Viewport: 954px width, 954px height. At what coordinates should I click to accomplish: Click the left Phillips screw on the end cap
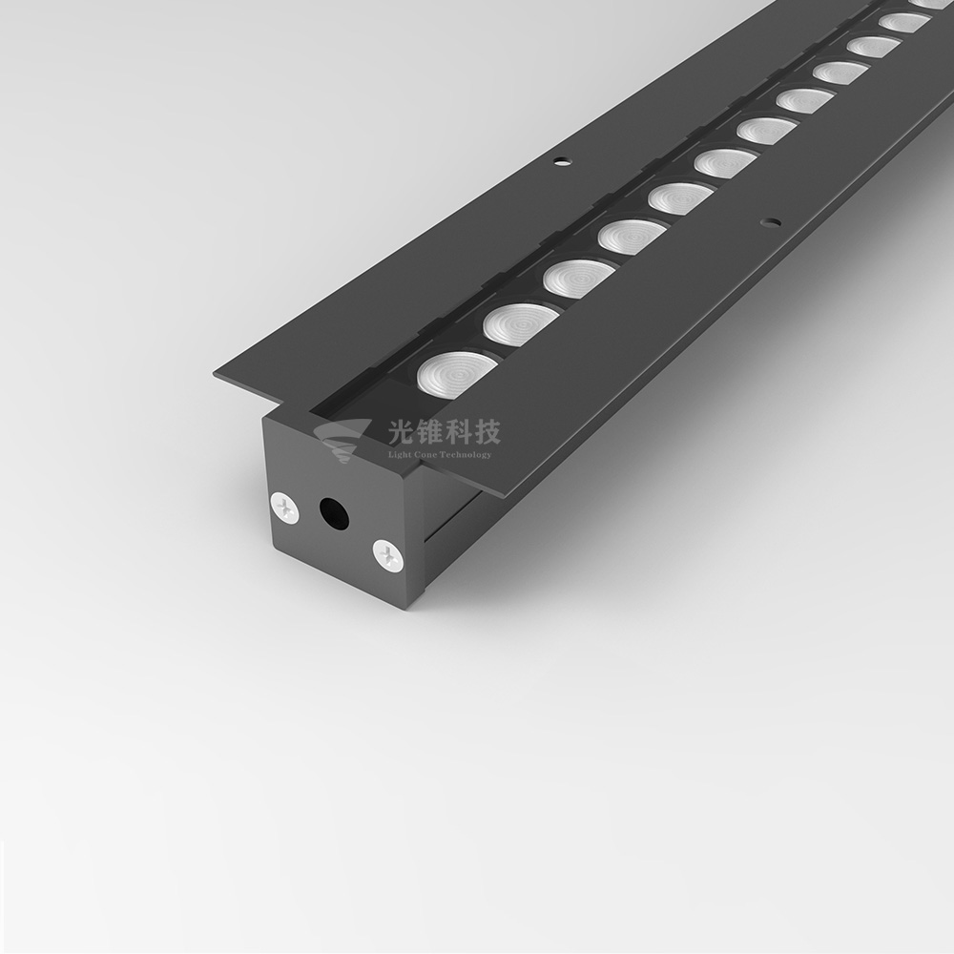coord(286,506)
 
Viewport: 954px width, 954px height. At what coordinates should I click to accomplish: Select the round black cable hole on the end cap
coord(333,514)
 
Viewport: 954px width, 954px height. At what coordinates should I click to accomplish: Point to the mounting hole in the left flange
coord(563,160)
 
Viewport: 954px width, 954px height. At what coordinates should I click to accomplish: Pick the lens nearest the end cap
coord(455,373)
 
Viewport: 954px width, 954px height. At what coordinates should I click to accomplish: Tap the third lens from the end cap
coord(578,278)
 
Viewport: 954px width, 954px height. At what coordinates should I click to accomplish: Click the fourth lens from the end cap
coord(631,236)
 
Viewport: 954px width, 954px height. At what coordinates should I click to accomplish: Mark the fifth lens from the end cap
coord(679,197)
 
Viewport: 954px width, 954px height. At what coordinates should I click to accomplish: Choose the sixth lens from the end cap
coord(724,163)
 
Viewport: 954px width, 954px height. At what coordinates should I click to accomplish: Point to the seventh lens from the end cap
coord(766,131)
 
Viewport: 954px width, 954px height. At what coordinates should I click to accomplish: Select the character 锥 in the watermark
coord(433,434)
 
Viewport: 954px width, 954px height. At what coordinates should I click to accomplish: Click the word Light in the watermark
coord(399,454)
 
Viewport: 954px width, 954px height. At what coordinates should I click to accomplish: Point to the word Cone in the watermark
coord(425,454)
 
